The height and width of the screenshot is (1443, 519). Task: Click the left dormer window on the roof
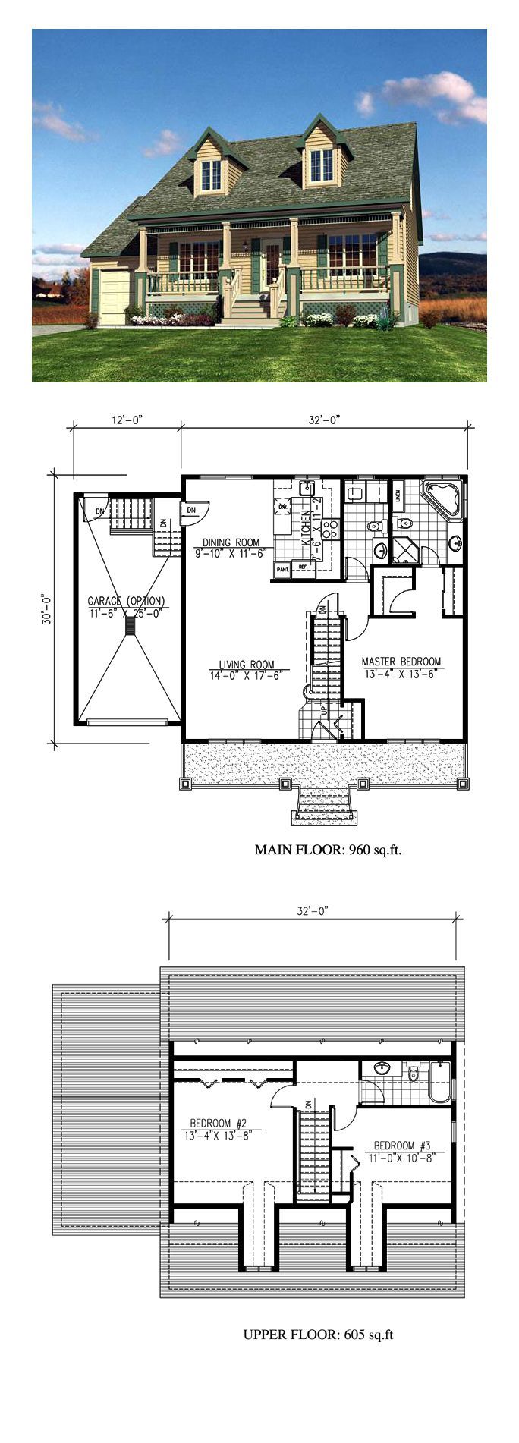tap(210, 175)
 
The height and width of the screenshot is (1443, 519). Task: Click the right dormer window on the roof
tap(321, 165)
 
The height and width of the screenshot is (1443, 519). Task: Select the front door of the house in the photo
tap(272, 264)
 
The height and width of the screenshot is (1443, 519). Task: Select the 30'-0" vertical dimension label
tap(46, 608)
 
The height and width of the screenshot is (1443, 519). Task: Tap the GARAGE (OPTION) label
tap(126, 601)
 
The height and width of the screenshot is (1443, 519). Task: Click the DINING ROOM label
tap(231, 542)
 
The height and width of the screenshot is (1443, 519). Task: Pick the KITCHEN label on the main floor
tap(306, 528)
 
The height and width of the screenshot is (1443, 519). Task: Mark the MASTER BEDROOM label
tap(401, 661)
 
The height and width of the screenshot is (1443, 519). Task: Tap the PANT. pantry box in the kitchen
tap(282, 568)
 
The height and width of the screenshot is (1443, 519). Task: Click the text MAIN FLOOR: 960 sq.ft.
tap(328, 850)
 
